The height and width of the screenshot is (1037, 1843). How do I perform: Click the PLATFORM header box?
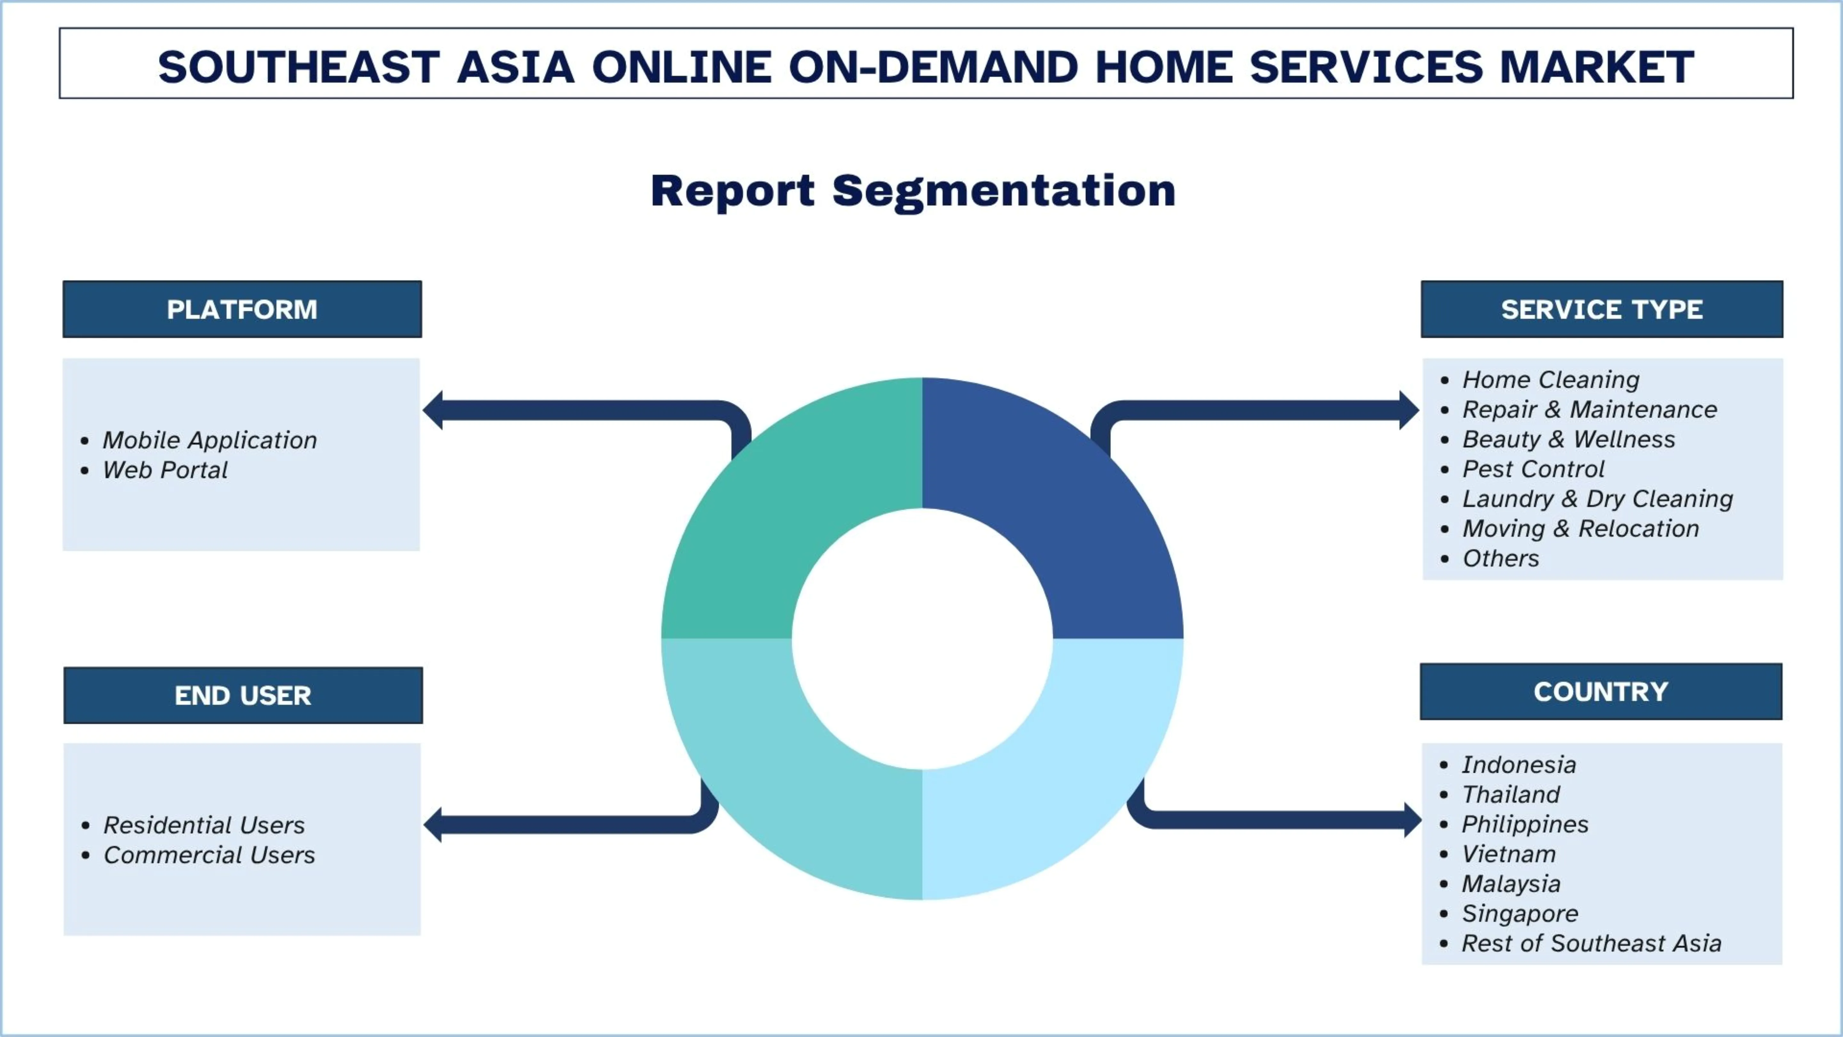click(242, 309)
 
